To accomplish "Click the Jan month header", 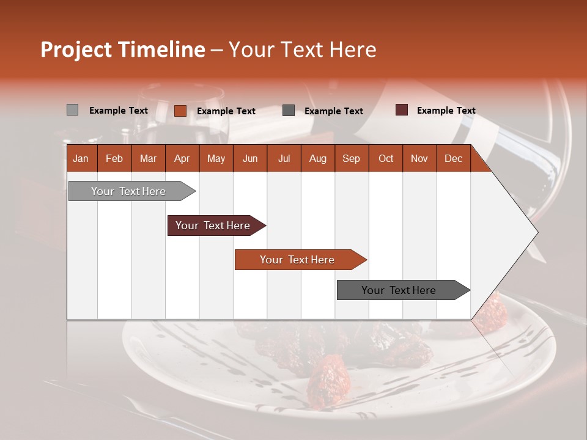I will click(x=81, y=159).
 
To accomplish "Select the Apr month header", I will click(x=182, y=159).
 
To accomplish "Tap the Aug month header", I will click(x=317, y=159).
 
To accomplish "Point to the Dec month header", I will click(x=453, y=159).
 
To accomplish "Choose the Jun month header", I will click(x=249, y=159).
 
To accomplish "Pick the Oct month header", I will click(x=385, y=159).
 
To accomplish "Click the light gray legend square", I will click(x=72, y=110).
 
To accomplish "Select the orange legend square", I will click(x=180, y=111).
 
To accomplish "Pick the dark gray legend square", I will click(x=288, y=111).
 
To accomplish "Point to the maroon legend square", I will click(x=401, y=110).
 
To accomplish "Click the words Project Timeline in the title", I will click(x=122, y=50).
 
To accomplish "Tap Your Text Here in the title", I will click(x=302, y=50).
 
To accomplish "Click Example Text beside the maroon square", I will click(x=446, y=111).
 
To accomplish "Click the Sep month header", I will click(x=351, y=159).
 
